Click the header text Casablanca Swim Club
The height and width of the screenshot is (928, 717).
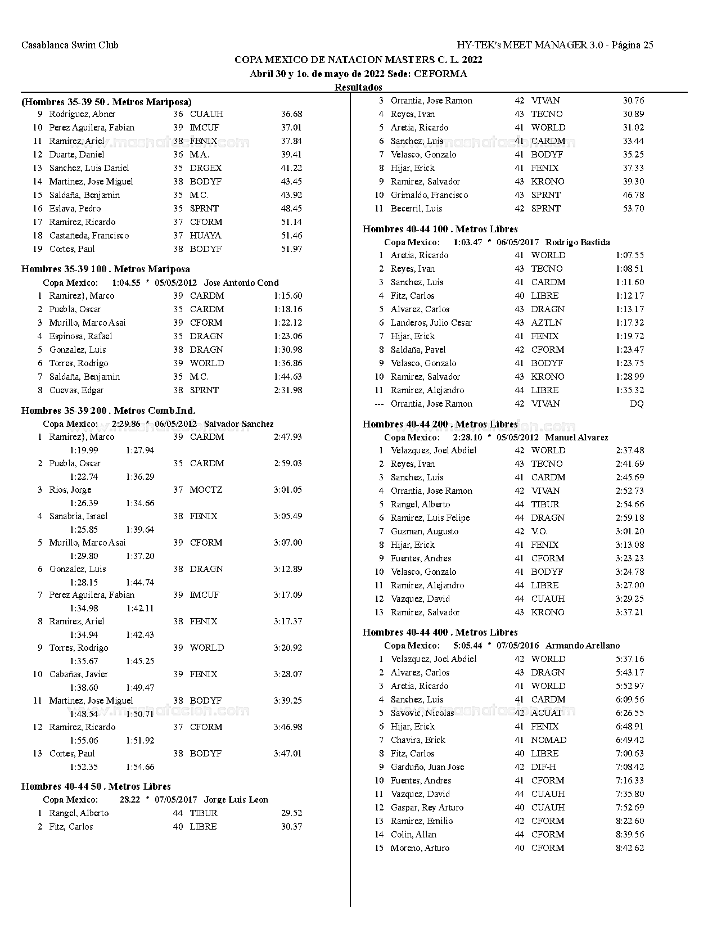70,45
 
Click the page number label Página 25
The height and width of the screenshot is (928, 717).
632,45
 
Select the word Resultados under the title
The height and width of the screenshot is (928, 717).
358,87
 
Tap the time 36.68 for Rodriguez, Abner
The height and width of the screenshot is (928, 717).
291,114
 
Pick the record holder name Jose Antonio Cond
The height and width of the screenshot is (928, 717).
241,283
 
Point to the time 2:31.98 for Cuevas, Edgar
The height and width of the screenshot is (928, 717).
288,390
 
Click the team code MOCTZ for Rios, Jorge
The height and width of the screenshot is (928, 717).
206,490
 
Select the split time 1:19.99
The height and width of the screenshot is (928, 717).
84,450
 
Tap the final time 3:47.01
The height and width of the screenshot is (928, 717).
288,754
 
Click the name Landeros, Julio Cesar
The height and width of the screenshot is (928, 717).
431,323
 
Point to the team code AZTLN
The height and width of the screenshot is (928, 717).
547,323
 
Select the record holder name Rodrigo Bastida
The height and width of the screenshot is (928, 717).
578,242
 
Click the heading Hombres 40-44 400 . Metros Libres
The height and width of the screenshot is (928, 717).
440,633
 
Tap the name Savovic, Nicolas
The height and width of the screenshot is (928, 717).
422,713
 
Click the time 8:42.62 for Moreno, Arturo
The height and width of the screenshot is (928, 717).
630,848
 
